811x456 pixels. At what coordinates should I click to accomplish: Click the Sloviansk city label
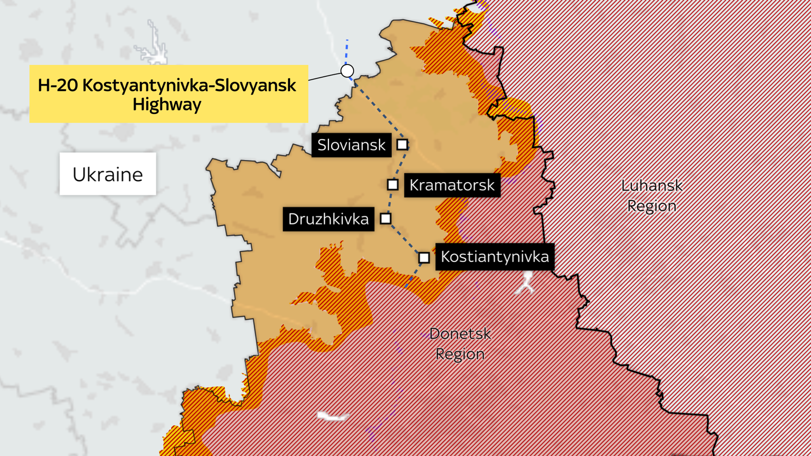click(351, 145)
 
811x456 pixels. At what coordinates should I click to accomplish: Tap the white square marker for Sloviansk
click(402, 144)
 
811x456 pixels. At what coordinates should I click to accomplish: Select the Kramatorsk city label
click(452, 185)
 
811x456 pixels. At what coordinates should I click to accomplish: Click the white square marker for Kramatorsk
click(392, 184)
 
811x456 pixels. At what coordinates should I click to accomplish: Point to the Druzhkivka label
click(328, 219)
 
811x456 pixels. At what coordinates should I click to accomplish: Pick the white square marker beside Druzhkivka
click(385, 218)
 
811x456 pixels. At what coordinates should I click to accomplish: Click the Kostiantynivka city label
click(495, 257)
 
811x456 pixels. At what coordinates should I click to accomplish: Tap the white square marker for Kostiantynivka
click(424, 258)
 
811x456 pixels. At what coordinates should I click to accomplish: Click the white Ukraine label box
click(108, 174)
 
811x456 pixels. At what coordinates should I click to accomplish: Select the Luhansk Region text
click(651, 196)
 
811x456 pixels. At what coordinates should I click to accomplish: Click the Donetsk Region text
click(460, 344)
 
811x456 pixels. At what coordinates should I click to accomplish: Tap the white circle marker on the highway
click(347, 71)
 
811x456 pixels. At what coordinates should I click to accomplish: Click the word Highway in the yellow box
click(167, 104)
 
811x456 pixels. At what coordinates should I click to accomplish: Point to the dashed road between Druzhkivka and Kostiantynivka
click(404, 238)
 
